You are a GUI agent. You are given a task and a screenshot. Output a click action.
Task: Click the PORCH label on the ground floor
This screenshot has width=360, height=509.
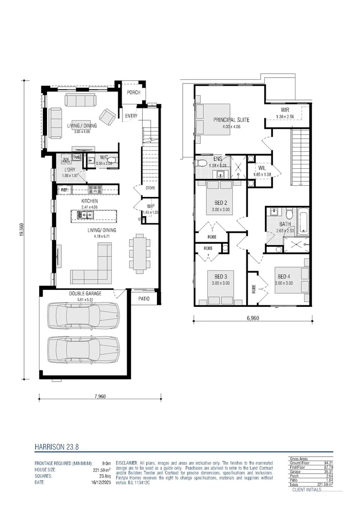(133, 92)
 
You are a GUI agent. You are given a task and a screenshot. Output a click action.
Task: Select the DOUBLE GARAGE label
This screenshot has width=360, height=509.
(85, 294)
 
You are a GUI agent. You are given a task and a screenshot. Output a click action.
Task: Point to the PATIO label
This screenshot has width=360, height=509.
(144, 298)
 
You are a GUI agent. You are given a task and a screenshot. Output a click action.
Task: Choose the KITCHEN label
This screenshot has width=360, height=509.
(89, 201)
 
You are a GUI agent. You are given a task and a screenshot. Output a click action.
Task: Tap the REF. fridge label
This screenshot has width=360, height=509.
(65, 190)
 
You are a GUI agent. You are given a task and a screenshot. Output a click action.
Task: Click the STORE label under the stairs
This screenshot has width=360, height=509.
(150, 188)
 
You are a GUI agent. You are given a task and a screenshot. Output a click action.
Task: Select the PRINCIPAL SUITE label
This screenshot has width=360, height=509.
(231, 120)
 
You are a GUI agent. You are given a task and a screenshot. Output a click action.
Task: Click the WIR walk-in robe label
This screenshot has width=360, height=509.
(286, 110)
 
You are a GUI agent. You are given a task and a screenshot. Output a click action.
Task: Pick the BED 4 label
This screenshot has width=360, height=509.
(284, 277)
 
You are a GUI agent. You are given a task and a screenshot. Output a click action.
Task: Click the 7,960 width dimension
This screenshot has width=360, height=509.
(99, 396)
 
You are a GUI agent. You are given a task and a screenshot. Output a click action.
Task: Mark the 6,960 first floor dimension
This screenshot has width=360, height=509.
(254, 319)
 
